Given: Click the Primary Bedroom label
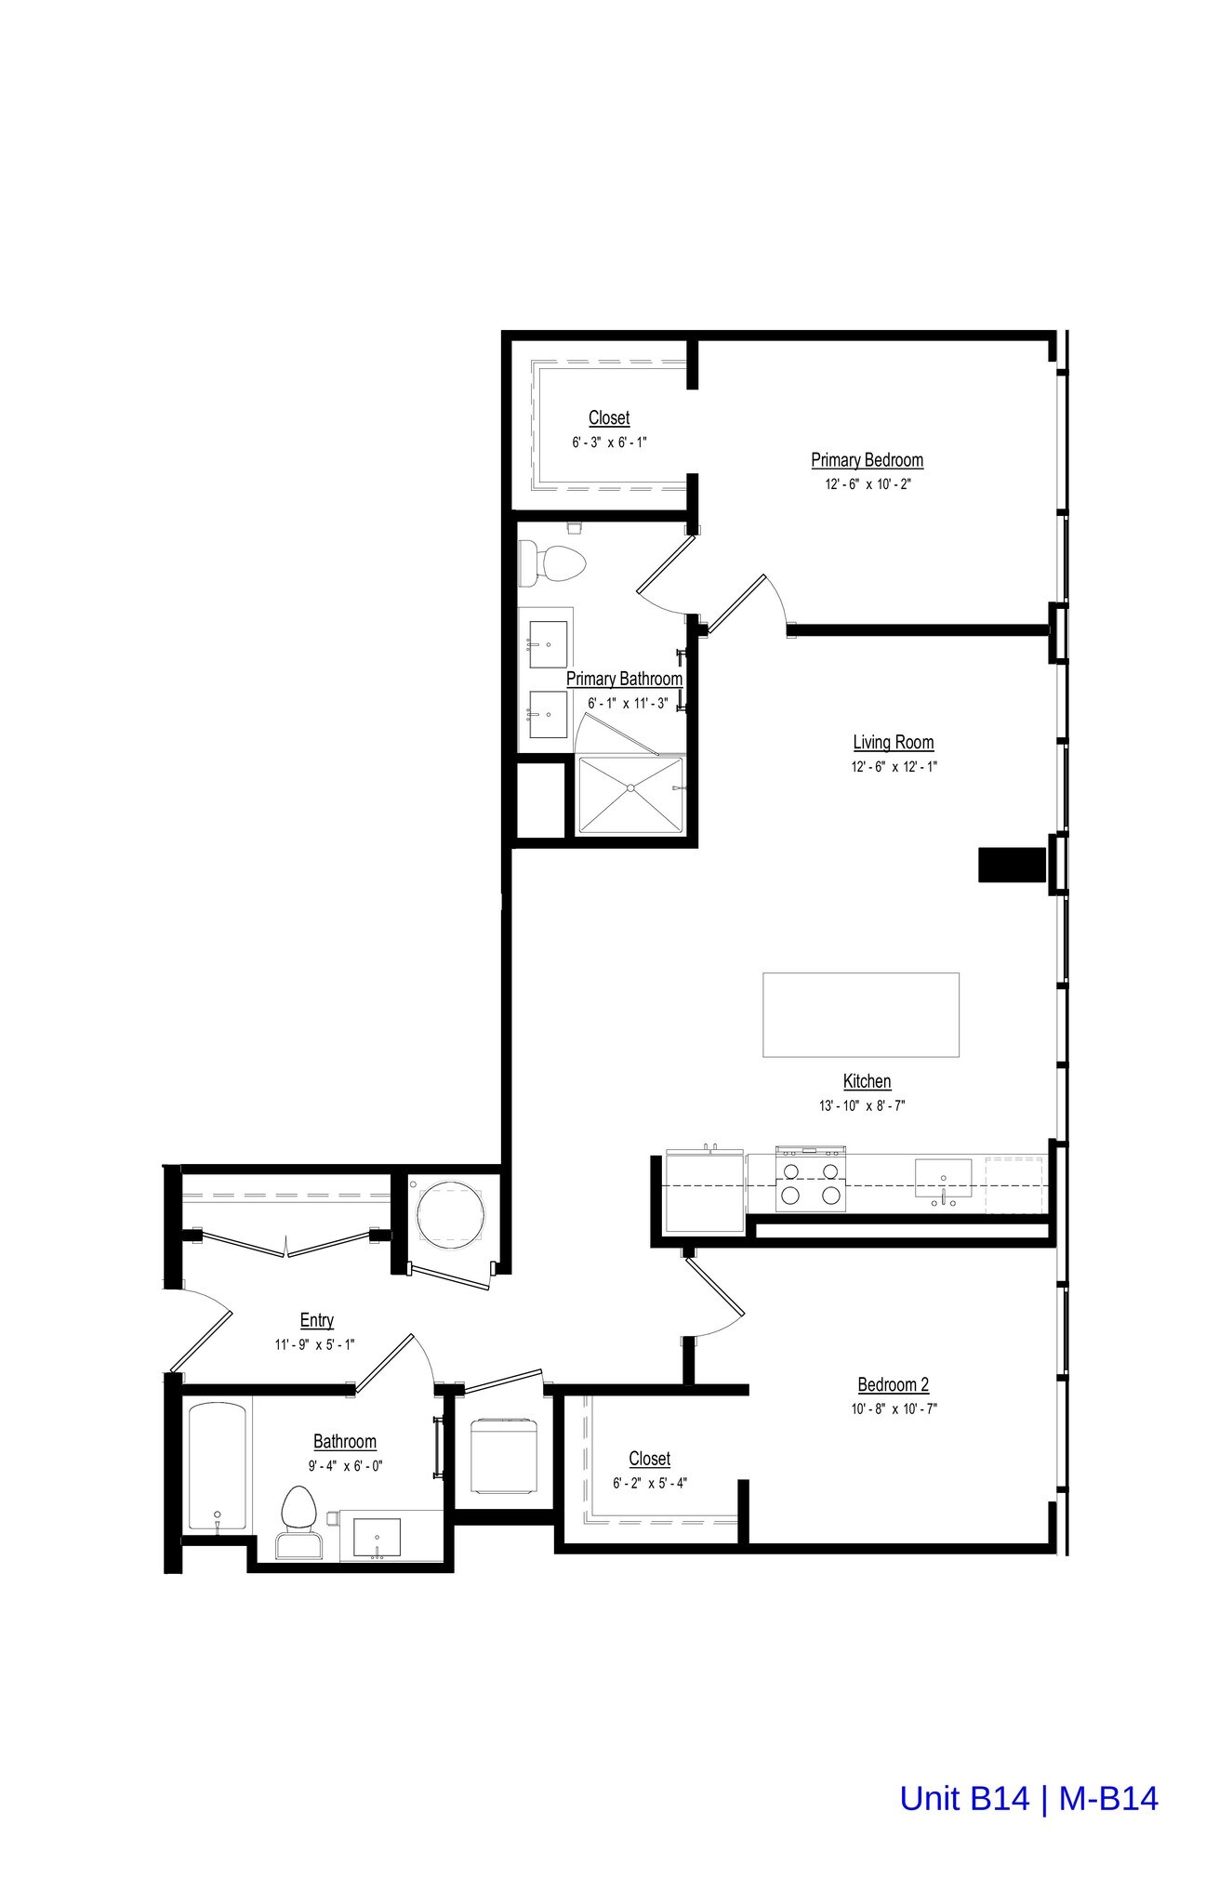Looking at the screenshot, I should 867,460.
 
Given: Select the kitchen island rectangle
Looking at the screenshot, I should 860,1014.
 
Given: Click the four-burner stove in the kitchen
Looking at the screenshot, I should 810,1182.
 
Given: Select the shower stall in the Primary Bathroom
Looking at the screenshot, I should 631,793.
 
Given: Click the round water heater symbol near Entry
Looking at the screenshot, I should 450,1212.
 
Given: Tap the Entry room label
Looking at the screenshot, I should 316,1320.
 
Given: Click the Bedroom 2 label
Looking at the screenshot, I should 893,1384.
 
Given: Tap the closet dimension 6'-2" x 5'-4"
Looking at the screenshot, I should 649,1484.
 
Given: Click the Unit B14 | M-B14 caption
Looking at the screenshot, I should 1028,1798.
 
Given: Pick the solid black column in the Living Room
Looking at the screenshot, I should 1013,865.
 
